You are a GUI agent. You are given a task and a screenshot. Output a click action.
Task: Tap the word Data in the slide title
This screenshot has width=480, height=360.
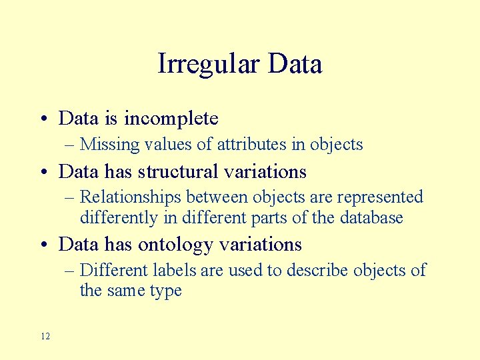[294, 65]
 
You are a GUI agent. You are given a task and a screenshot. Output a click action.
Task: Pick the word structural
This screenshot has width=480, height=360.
[179, 172]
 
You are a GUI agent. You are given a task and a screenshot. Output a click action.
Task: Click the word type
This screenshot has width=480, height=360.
[165, 291]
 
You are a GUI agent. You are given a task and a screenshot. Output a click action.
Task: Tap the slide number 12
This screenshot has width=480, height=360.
[45, 336]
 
